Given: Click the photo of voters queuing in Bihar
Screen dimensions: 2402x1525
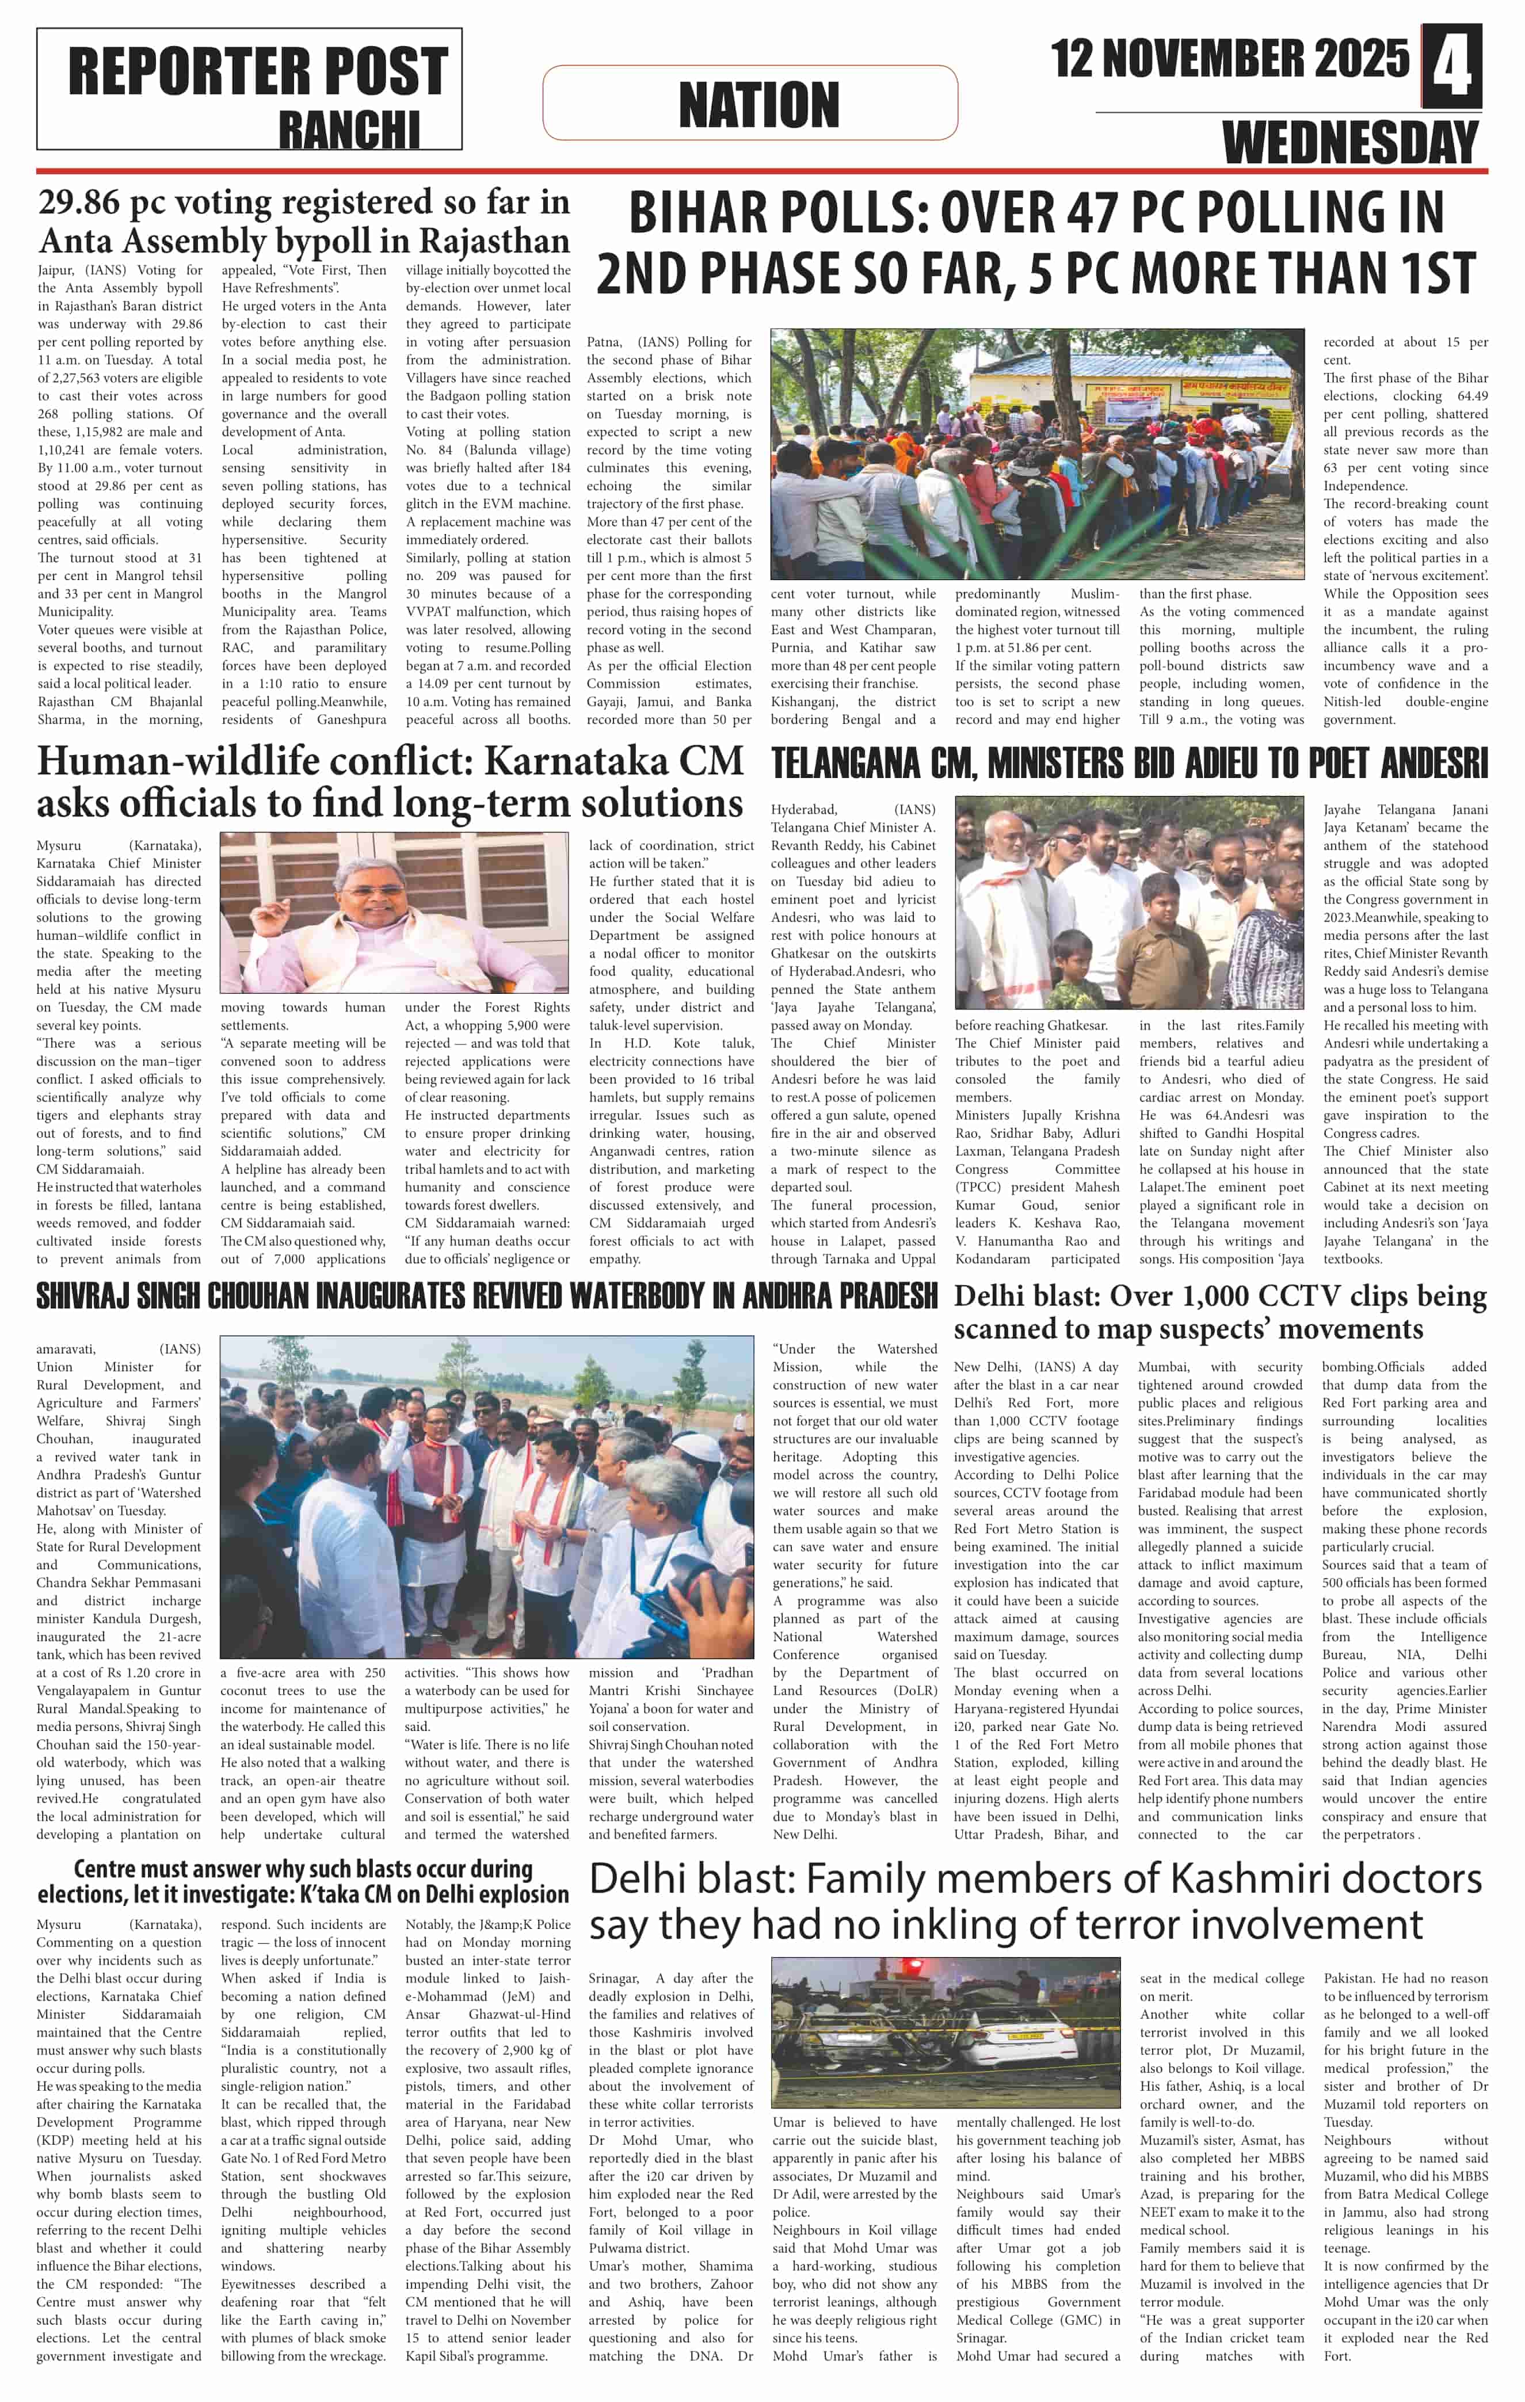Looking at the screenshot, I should pos(1036,454).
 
